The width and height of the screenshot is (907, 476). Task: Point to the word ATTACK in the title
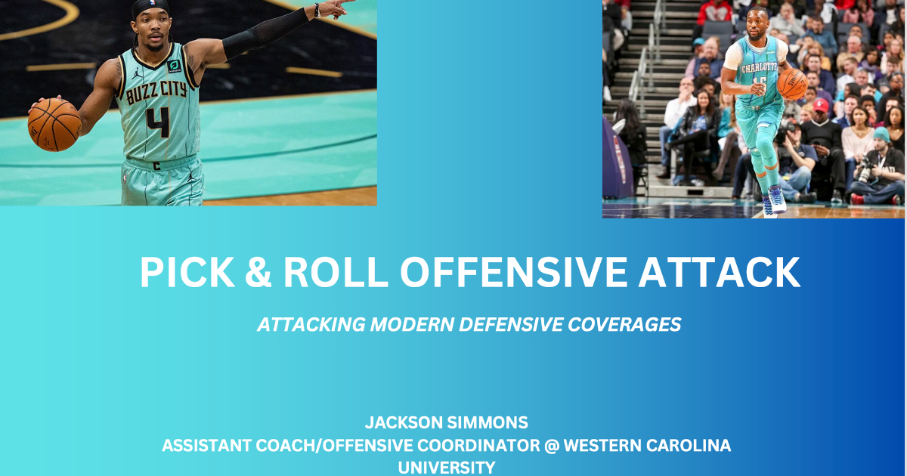pyautogui.click(x=720, y=273)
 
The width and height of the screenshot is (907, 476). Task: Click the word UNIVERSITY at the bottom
pyautogui.click(x=447, y=468)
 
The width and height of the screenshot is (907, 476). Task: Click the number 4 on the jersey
pyautogui.click(x=158, y=121)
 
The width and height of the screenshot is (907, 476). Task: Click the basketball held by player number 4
pyautogui.click(x=54, y=124)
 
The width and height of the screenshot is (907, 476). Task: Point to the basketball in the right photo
pyautogui.click(x=792, y=84)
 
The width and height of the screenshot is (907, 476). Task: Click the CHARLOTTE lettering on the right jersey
pyautogui.click(x=757, y=67)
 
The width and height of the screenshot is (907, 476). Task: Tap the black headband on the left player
pyautogui.click(x=148, y=7)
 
